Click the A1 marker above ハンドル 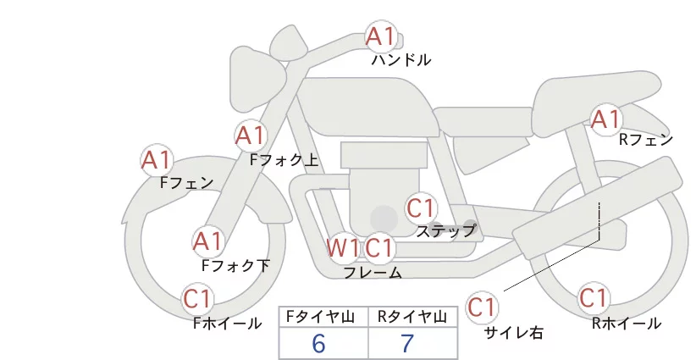(x=380, y=36)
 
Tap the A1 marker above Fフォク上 (x=251, y=136)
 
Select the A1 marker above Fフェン (x=157, y=160)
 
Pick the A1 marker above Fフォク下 (x=207, y=242)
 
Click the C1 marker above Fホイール (x=196, y=299)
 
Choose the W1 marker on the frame (x=343, y=247)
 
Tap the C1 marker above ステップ (x=420, y=208)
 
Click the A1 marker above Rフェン (x=605, y=119)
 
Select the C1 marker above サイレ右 (x=482, y=307)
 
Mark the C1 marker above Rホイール (x=594, y=298)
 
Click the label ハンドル (x=401, y=60)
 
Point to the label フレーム (x=373, y=272)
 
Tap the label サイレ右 (x=514, y=333)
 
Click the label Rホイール (x=627, y=324)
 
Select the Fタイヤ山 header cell (x=323, y=317)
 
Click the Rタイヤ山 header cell (x=413, y=317)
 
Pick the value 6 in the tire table (x=318, y=343)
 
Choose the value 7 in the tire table (x=407, y=343)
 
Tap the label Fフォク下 (x=235, y=265)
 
